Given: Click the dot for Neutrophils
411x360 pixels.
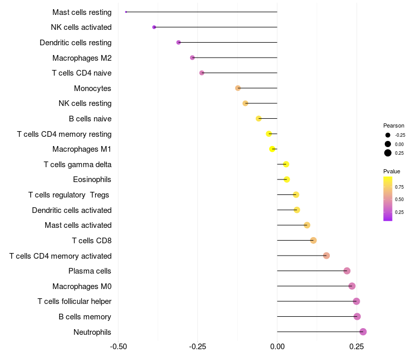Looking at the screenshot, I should (363, 332).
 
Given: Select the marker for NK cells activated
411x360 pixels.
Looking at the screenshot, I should (154, 27).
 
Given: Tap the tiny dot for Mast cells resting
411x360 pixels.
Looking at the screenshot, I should (126, 12).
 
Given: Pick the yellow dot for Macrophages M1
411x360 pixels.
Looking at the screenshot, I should (272, 149).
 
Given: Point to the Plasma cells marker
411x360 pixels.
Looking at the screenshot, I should (347, 271).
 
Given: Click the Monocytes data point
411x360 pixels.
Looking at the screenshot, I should (238, 88).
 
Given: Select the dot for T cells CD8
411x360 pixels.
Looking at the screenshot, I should (313, 240).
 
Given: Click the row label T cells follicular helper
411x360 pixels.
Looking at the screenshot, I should (74, 301).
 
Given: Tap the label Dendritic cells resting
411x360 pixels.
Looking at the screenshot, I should (76, 43).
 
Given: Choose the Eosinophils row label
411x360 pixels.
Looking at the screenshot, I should (92, 179).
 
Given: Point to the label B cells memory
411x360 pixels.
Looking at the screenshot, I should (85, 317).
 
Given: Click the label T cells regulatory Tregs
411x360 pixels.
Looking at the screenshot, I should (70, 195).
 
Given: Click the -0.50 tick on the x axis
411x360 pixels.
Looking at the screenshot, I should (119, 346).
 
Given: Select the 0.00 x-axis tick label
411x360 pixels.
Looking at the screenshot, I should (277, 346).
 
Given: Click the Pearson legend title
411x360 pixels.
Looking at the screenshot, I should (394, 125).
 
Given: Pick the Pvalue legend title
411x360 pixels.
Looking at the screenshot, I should (391, 171).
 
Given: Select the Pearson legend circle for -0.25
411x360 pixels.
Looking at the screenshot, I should (388, 135).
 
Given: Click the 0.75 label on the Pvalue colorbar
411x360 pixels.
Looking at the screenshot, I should (399, 187).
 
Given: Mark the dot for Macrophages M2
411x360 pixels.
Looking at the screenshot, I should (192, 58).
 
